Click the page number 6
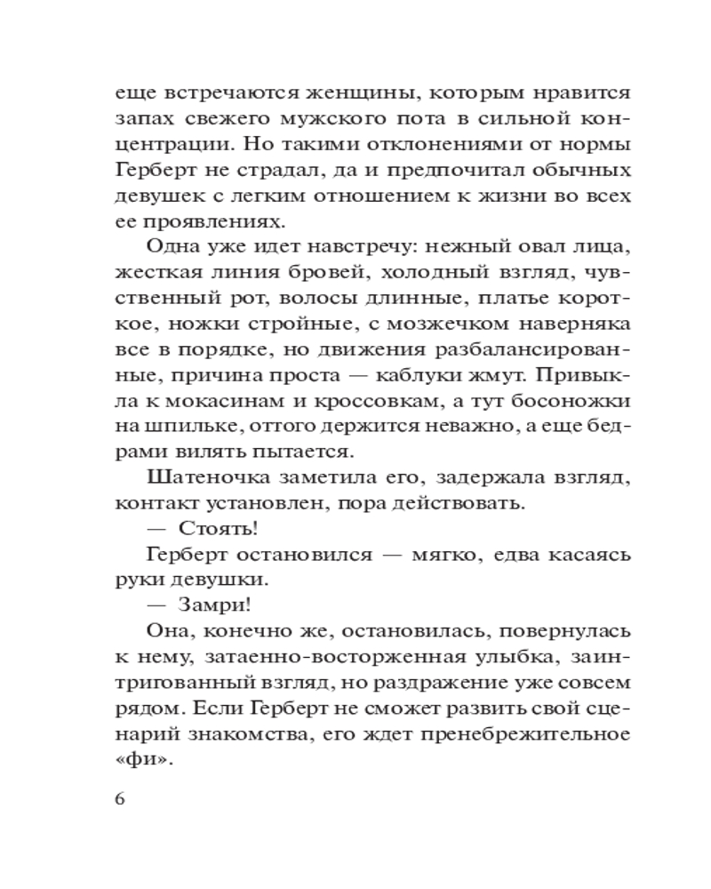(x=121, y=796)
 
